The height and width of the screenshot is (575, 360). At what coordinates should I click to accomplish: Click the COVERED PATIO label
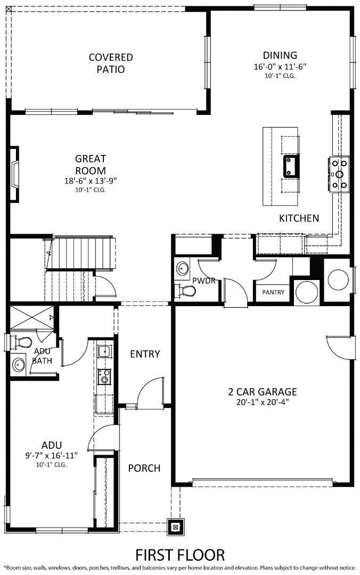[111, 63]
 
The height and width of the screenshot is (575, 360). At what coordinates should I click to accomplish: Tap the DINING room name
[280, 55]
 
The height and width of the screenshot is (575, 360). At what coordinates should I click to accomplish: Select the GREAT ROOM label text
[91, 164]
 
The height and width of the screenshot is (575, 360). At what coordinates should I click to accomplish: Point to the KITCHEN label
[299, 218]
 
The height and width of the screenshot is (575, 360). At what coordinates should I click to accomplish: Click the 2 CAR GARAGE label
[263, 392]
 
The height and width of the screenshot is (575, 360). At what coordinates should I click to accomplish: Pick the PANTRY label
[273, 292]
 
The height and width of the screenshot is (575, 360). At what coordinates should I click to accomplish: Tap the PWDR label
[203, 281]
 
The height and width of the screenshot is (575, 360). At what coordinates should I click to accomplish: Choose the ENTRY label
[145, 354]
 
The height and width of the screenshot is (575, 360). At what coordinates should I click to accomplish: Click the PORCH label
[144, 468]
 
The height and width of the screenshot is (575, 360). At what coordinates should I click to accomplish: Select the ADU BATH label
[42, 356]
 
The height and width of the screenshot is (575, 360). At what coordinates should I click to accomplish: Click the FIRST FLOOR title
[180, 555]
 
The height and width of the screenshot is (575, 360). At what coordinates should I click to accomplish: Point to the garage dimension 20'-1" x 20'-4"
[263, 402]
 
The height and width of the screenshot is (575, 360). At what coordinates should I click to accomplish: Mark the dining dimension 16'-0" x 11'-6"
[280, 67]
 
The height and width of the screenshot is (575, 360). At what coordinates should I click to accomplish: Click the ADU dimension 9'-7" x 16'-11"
[52, 455]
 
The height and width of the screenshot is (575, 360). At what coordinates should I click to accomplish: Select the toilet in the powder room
[187, 291]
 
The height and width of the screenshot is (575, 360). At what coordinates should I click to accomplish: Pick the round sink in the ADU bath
[19, 366]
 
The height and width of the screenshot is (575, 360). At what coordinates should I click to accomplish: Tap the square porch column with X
[176, 527]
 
